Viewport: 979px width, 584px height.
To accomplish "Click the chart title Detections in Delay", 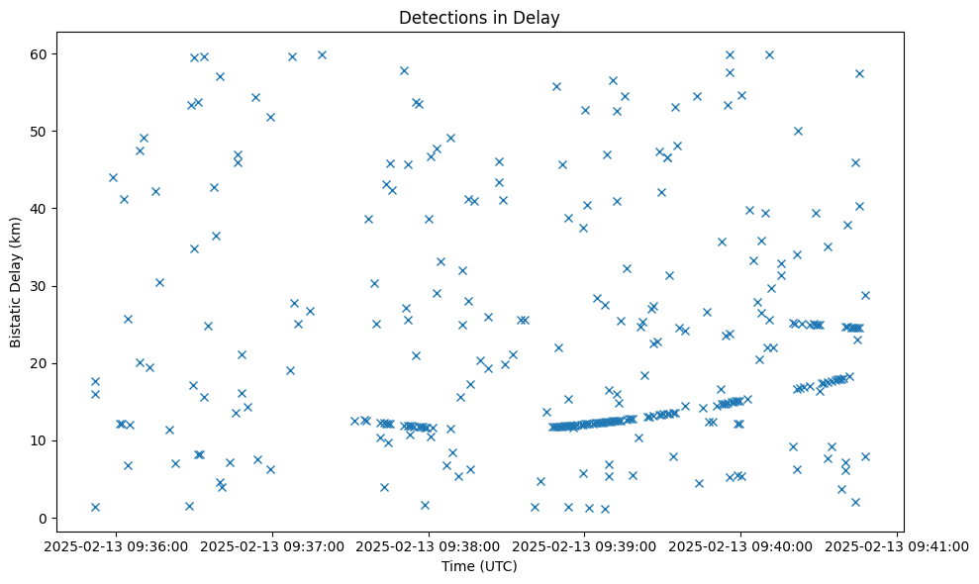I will (479, 17).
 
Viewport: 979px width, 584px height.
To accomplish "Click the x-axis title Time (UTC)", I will (479, 566).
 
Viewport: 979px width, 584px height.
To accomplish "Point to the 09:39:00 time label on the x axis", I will (585, 545).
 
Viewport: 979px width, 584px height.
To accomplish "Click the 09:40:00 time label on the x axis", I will (741, 545).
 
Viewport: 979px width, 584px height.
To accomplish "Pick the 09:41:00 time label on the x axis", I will (898, 545).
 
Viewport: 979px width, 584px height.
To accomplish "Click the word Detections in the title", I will (440, 17).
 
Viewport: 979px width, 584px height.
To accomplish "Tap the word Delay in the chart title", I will (539, 17).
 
